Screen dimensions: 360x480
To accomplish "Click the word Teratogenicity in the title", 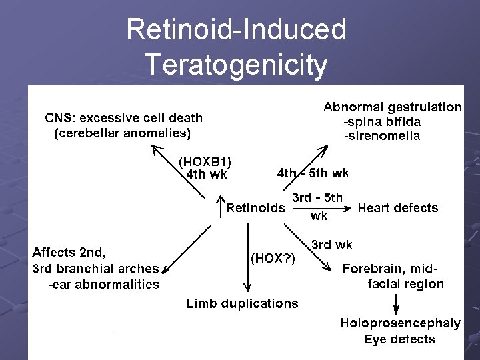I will point(236,65).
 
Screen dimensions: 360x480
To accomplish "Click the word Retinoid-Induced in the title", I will point(236,29).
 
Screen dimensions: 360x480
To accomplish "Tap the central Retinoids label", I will point(256,208).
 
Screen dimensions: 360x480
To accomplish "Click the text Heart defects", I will point(398,208).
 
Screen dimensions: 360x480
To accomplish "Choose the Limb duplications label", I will point(242,303).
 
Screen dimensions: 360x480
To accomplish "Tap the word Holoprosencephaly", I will point(400,323).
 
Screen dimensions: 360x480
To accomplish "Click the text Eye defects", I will point(399,339).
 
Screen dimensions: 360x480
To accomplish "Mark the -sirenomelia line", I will point(381,136).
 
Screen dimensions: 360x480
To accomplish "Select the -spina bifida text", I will point(381,121).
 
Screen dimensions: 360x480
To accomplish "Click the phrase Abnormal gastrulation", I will point(393,107).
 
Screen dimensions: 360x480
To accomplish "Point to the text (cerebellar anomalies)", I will point(122,133).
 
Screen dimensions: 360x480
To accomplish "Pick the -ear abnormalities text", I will point(103,285).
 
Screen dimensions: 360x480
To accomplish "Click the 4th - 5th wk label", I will point(313,173).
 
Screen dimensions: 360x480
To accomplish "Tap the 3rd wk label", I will point(332,245).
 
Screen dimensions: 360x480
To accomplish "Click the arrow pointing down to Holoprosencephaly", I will point(397,305).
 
